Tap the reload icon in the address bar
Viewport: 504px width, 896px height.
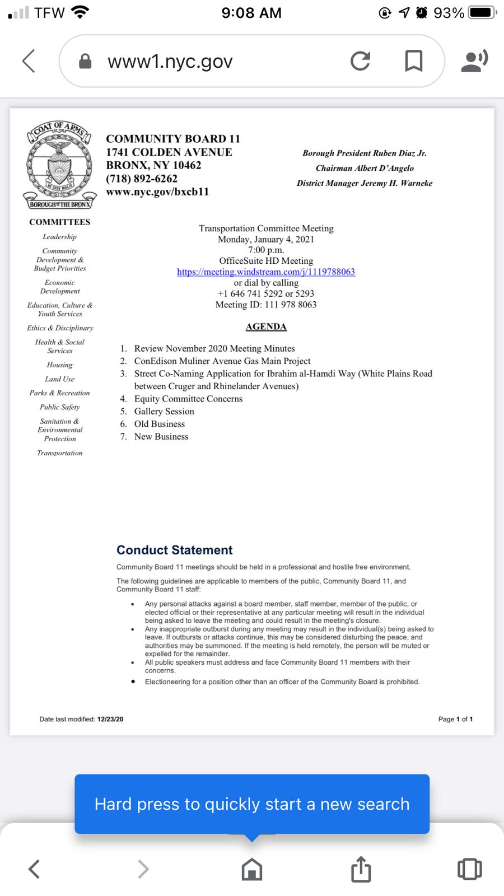pos(360,61)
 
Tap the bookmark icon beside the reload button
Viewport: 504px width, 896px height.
pos(413,61)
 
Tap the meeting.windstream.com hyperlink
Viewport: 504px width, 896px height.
pos(266,272)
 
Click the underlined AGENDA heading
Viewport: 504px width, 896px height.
pos(266,326)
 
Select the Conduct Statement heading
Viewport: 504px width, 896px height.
pos(174,550)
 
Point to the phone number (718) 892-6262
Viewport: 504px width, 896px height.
pos(142,179)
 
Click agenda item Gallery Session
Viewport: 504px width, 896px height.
pos(164,411)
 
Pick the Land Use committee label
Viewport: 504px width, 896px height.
pos(59,379)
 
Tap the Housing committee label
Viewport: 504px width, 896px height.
pos(59,365)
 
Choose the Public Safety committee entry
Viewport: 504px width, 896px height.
pos(59,407)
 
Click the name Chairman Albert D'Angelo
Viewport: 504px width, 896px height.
pos(365,168)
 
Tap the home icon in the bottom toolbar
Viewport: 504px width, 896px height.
pos(251,869)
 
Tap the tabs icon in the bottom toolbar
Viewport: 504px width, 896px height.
pos(469,869)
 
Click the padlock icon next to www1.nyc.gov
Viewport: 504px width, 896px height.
pos(85,61)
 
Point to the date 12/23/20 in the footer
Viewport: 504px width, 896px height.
pos(110,719)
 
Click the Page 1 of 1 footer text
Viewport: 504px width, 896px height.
pos(455,719)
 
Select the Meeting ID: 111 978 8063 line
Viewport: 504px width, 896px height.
pos(266,305)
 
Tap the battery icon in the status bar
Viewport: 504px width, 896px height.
pos(482,12)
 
